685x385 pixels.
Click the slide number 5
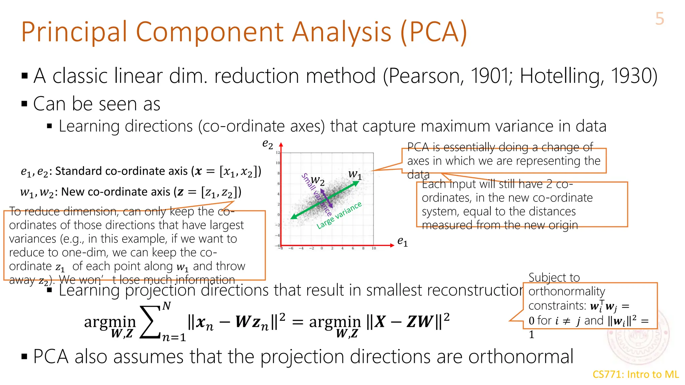click(x=659, y=19)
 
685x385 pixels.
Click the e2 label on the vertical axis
click(x=268, y=144)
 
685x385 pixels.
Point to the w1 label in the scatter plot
click(x=355, y=174)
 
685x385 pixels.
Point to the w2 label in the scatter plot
click(x=317, y=181)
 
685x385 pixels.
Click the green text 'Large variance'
click(x=339, y=215)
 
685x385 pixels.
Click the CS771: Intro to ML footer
click(x=635, y=374)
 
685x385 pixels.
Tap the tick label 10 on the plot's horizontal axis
click(x=374, y=248)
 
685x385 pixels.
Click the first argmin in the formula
click(x=110, y=322)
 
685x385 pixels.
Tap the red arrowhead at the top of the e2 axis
click(x=281, y=145)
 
